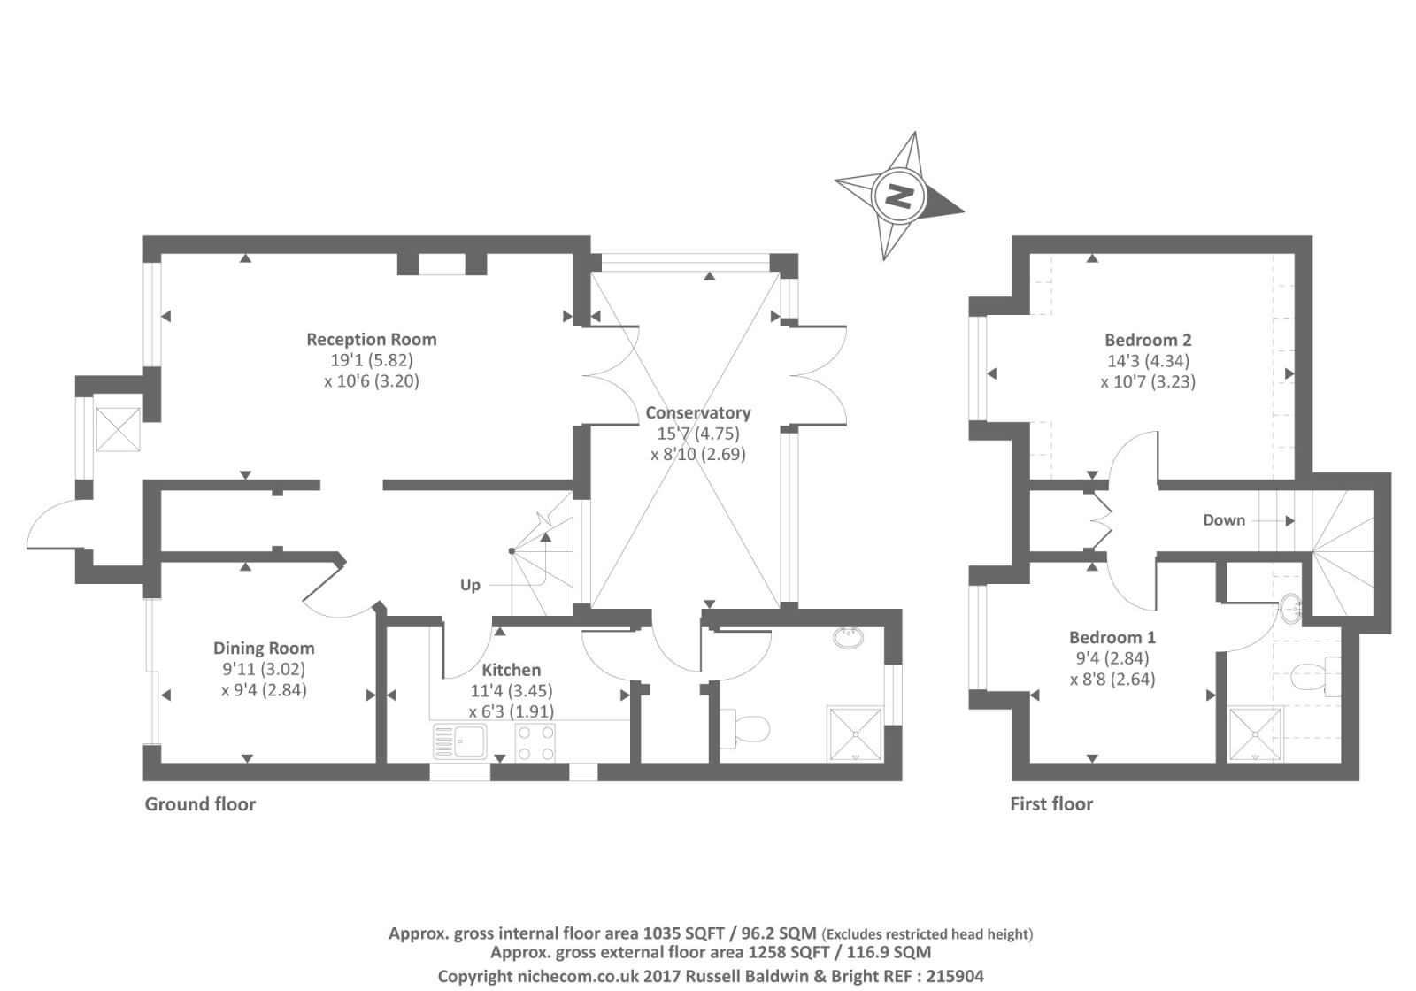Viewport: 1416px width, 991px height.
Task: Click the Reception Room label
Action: tap(372, 340)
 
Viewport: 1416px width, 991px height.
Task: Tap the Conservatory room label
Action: tap(697, 413)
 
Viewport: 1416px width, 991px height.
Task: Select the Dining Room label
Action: tap(264, 649)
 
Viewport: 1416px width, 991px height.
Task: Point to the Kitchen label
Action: tap(511, 671)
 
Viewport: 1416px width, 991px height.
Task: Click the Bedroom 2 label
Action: tap(1148, 341)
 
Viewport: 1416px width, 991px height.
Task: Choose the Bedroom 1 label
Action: tap(1112, 638)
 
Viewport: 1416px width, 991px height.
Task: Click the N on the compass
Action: tap(899, 196)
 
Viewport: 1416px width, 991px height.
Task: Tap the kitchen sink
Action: tap(459, 741)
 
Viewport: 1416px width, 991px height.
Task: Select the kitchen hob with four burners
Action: tap(535, 742)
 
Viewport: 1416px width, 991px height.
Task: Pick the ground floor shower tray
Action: tap(855, 734)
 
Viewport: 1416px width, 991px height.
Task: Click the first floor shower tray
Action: tap(1256, 734)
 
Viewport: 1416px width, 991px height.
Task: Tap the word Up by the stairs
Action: tap(470, 585)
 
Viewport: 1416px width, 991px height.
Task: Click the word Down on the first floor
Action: tap(1224, 520)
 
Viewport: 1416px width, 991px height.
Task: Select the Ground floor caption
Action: tap(200, 804)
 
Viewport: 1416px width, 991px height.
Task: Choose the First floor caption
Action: tap(1051, 804)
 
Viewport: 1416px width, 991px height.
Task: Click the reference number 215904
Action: tap(953, 976)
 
